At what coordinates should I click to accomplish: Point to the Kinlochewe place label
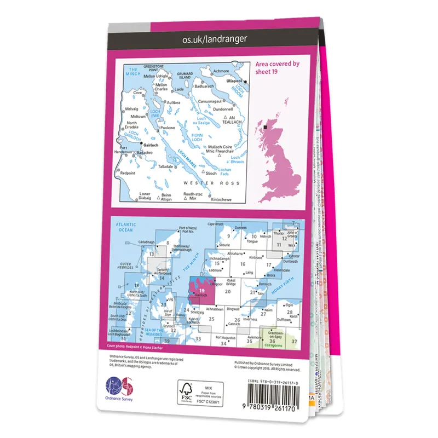click(221, 200)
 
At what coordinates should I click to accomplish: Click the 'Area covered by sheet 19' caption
click(278, 67)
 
